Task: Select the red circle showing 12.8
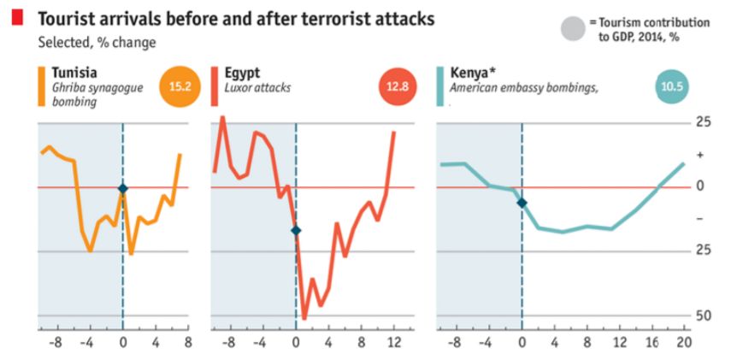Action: [397, 86]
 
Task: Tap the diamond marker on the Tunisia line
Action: [123, 188]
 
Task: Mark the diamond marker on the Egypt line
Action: [296, 230]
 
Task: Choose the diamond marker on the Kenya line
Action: [522, 203]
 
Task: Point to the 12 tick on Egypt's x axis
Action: [394, 342]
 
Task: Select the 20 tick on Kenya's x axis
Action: [685, 342]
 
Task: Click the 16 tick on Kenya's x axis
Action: [652, 342]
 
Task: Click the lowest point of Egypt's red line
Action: [304, 318]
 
